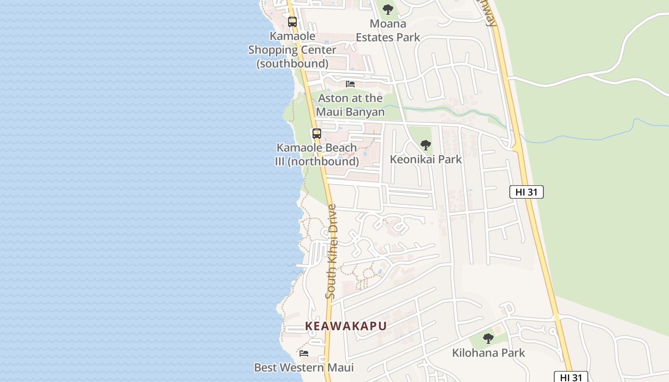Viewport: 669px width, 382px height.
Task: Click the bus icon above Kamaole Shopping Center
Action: point(292,22)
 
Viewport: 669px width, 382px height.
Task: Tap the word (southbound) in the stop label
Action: point(292,64)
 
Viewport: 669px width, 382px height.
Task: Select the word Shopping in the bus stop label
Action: point(292,50)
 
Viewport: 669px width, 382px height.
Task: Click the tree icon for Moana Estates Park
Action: point(388,9)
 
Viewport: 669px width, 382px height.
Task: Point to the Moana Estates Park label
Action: point(388,31)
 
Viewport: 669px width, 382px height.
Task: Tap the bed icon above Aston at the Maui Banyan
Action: point(350,84)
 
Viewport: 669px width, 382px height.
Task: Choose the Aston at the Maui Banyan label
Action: point(350,105)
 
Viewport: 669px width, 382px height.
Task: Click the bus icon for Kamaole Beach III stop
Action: point(316,134)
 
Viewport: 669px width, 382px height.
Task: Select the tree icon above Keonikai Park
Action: point(425,145)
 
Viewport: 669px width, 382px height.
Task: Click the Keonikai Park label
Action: point(426,159)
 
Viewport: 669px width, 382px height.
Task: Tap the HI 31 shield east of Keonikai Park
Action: point(526,192)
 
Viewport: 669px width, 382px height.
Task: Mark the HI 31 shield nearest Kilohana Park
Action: point(571,377)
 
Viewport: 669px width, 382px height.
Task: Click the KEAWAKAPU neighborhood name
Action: point(345,326)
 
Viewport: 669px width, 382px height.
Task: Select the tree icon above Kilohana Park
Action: point(488,339)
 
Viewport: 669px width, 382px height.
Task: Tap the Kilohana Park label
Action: point(488,353)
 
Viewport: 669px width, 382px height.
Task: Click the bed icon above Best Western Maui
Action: point(304,353)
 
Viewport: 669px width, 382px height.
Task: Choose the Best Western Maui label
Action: point(304,368)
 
